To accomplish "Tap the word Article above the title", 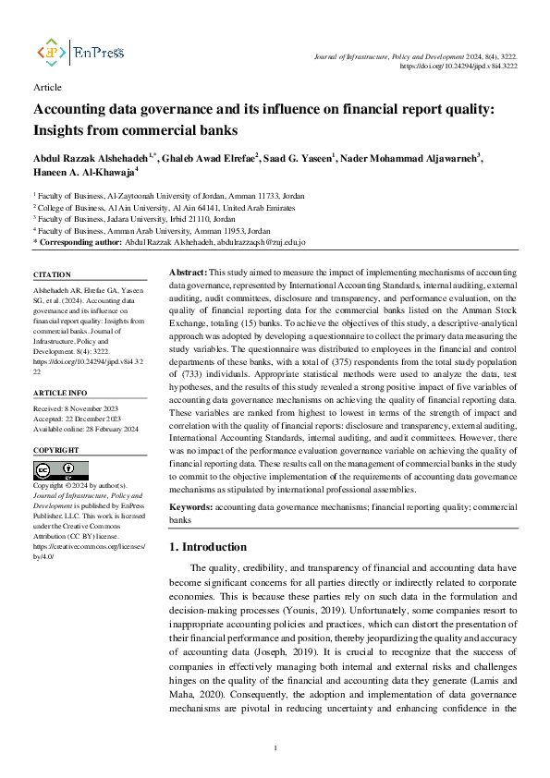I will tap(47, 88).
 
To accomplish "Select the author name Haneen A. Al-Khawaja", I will tap(86, 172).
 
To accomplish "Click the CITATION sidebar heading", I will tap(52, 275).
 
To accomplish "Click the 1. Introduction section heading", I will tap(209, 547).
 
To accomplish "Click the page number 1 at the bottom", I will tap(275, 748).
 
